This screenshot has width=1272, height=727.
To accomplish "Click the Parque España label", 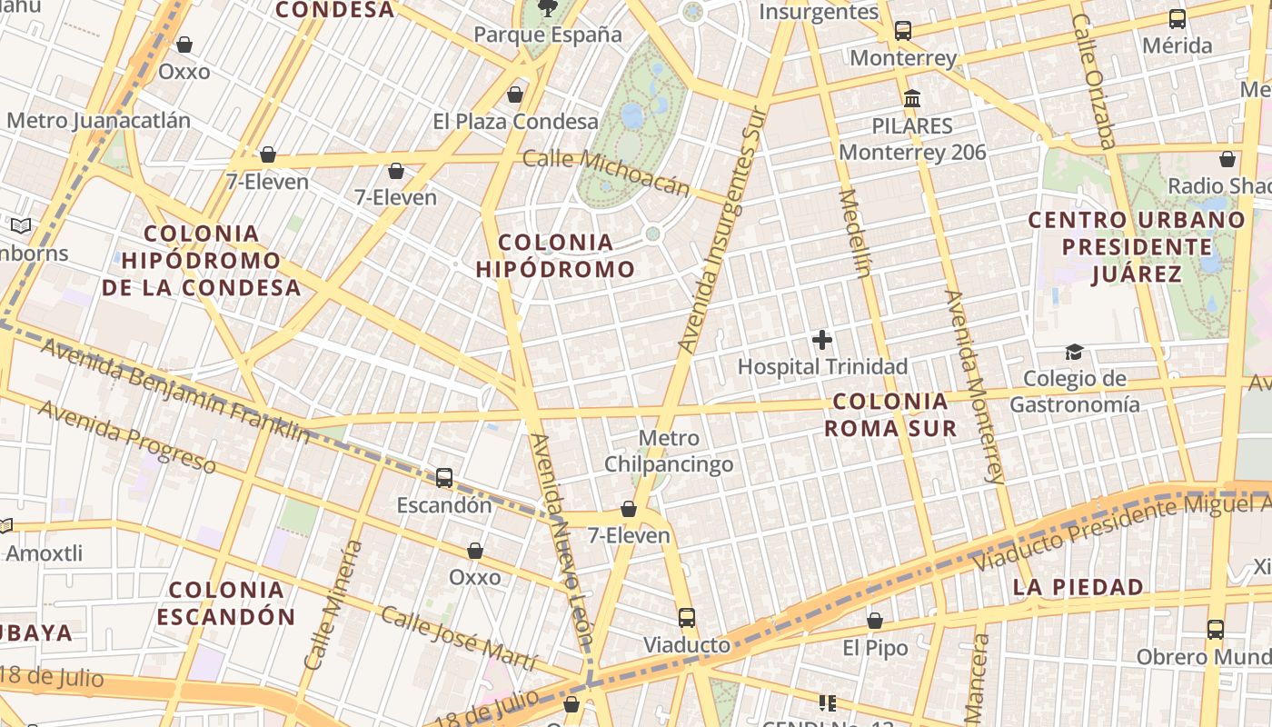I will point(548,35).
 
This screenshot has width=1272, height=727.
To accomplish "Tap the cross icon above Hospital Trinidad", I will point(822,341).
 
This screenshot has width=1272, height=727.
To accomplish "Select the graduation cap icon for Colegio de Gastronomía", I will point(1075,352).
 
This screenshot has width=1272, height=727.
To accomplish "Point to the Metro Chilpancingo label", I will point(670,452).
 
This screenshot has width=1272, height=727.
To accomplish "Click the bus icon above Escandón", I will point(444,477).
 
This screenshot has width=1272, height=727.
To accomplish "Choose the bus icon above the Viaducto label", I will point(687,618).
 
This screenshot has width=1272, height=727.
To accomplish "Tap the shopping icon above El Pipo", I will point(874,622).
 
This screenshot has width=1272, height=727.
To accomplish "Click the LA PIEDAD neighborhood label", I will point(1078,587).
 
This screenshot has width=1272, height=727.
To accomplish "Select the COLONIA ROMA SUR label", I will point(890,414).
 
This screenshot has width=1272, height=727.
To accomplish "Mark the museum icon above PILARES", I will point(912,98).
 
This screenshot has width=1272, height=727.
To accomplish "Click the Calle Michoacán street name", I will point(606,172).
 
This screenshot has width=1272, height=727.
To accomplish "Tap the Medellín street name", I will point(855,233).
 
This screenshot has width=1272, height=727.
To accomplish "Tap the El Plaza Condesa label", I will point(515,121).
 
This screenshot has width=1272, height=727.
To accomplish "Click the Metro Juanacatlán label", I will point(99,120).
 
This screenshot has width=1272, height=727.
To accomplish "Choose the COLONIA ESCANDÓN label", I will point(226,603).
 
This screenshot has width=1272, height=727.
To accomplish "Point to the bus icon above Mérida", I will point(1177,18).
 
